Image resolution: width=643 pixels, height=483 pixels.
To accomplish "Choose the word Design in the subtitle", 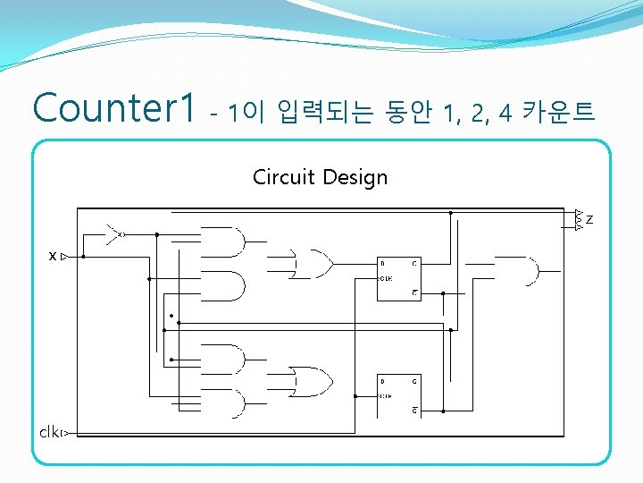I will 355,177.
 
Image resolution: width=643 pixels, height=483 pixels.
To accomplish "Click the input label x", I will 53,257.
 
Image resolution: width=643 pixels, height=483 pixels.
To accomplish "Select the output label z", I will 589,219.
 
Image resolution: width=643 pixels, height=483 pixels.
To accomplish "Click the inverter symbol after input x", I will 114,234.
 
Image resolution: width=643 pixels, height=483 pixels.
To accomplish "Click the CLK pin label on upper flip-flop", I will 386,278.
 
